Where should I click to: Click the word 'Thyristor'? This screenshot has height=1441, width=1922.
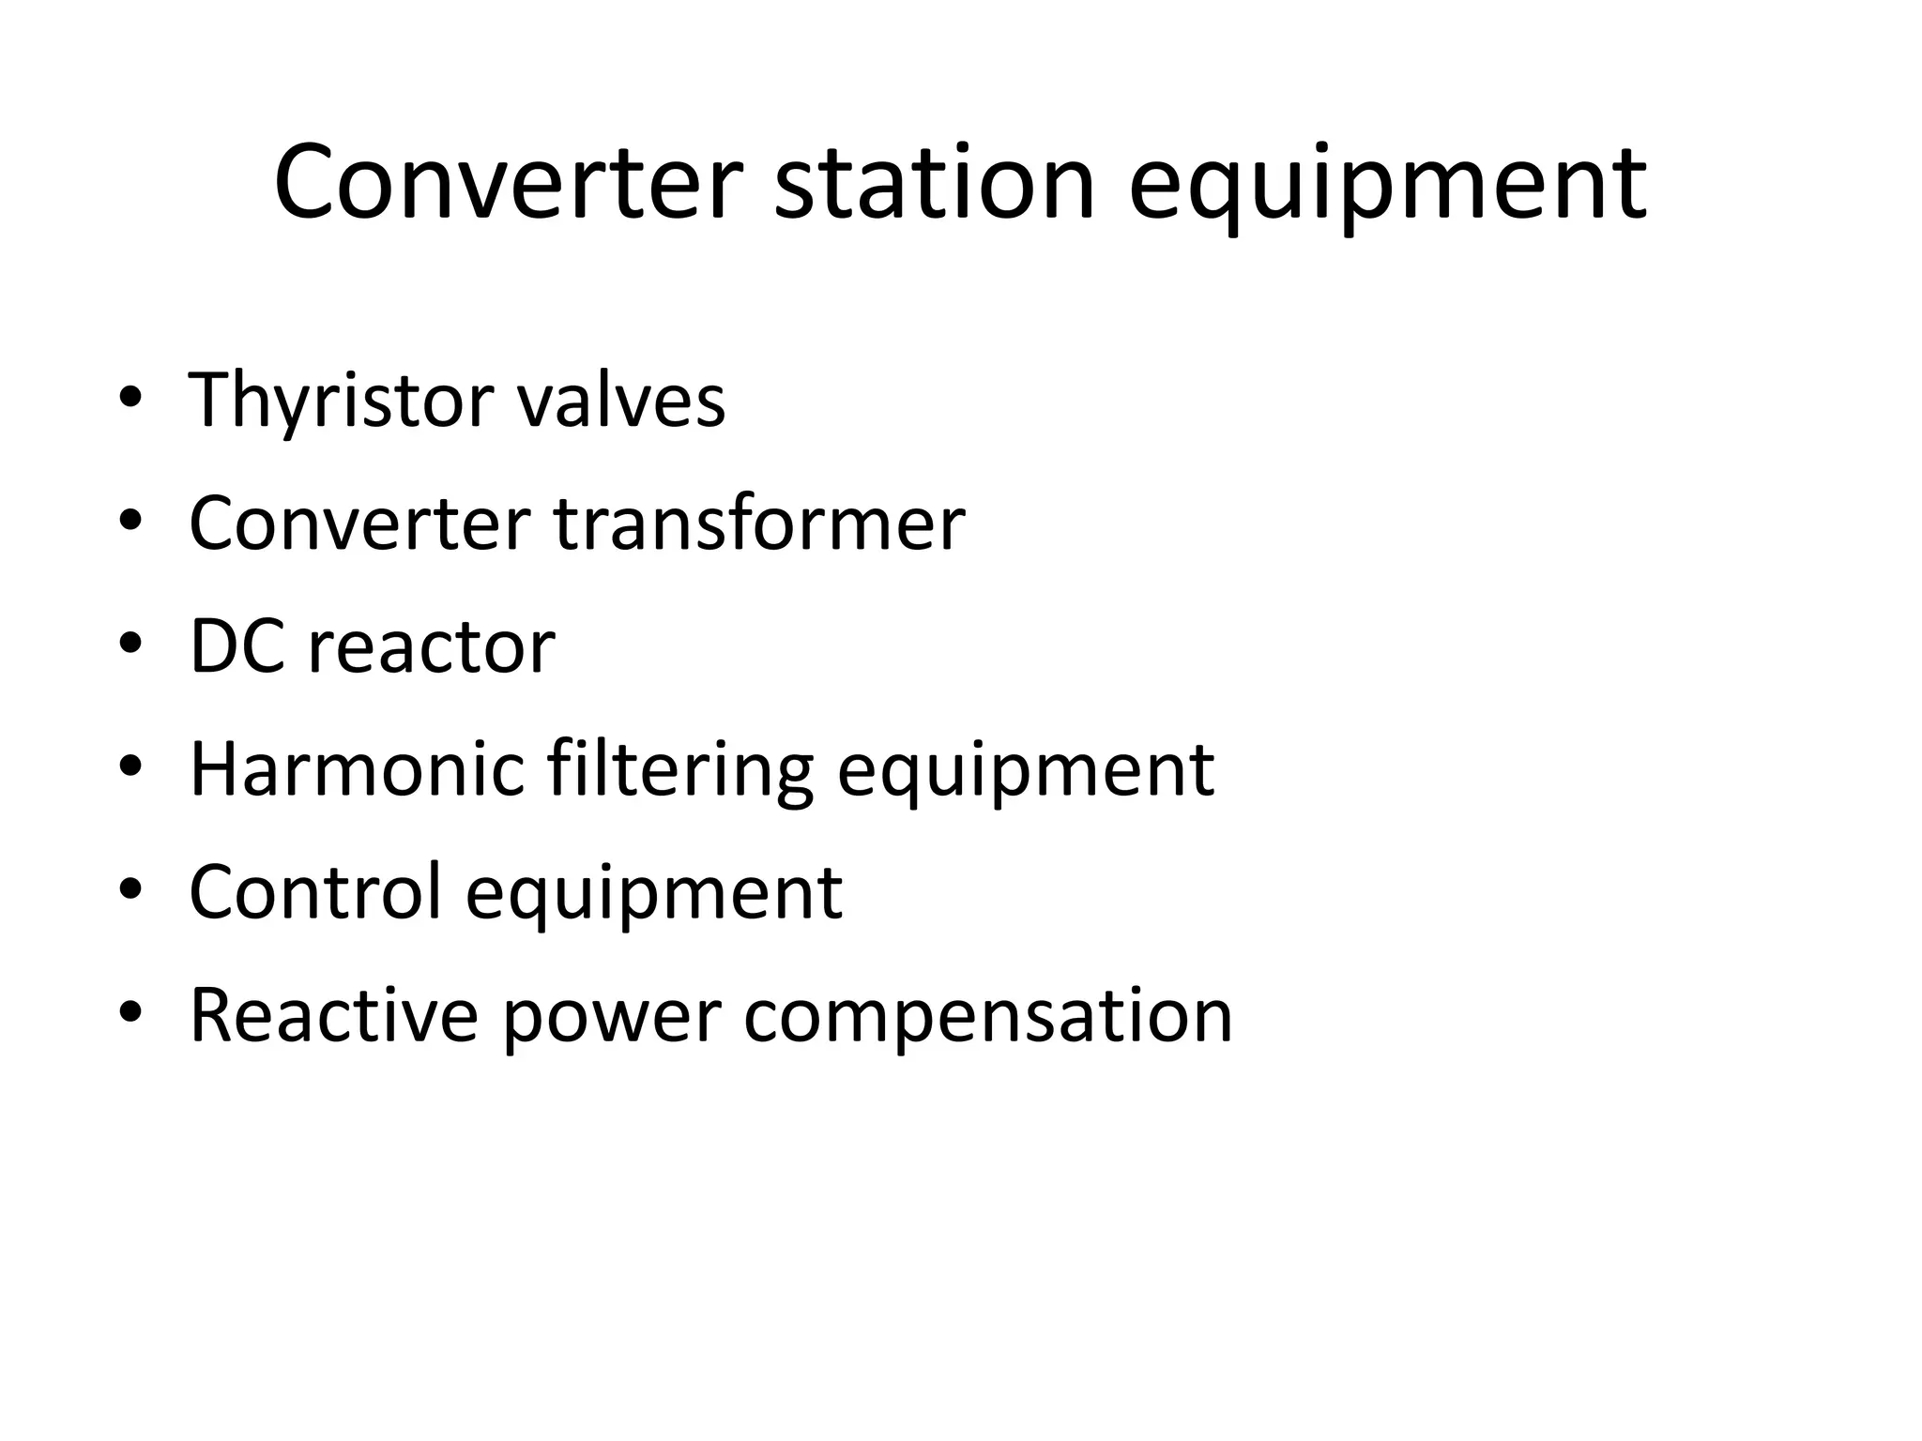point(341,401)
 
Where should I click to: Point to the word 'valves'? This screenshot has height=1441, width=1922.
point(621,401)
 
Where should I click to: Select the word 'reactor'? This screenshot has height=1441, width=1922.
point(431,648)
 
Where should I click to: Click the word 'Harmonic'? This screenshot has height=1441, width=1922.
point(357,769)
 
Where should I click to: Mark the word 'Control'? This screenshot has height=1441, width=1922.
point(315,891)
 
